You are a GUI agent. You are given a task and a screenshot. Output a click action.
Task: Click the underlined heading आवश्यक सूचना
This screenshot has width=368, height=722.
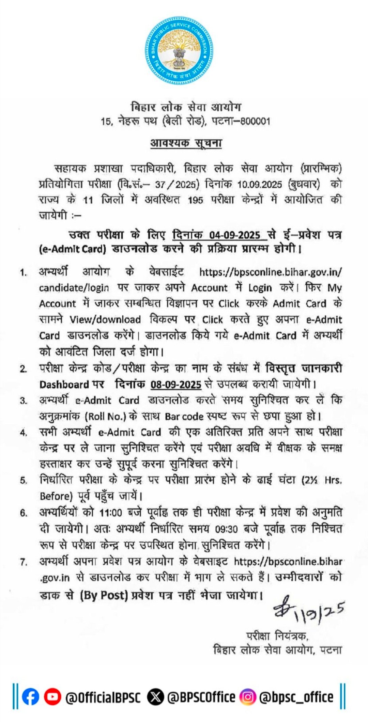[x=186, y=143]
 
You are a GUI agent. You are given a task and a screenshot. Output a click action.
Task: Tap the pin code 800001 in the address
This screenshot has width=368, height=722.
[x=256, y=121]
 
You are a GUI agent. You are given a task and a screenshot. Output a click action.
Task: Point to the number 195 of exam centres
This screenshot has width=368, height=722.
[x=195, y=200]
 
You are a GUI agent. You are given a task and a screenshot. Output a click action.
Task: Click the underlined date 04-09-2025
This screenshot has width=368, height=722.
[x=235, y=235]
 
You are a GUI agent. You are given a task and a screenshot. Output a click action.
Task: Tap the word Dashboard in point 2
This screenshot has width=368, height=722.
[x=64, y=384]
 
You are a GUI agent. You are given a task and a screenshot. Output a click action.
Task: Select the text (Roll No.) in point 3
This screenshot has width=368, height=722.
[x=107, y=417]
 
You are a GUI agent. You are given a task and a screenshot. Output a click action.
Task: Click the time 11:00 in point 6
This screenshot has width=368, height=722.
[x=110, y=513]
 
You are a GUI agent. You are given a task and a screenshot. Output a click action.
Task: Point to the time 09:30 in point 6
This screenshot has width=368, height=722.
[x=226, y=529]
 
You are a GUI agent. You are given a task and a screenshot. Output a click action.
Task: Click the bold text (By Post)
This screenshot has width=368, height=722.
[x=104, y=595]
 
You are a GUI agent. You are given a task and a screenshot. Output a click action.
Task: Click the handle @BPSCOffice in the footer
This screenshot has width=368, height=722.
[x=201, y=697]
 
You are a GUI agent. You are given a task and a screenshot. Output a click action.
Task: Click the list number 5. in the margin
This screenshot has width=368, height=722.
[x=23, y=481]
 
